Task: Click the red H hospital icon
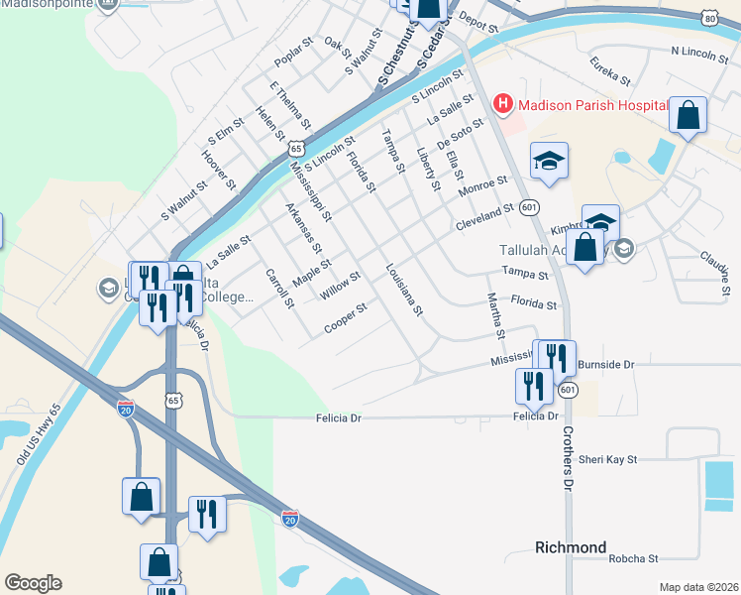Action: point(503,103)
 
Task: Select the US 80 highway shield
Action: point(708,18)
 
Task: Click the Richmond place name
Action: point(571,547)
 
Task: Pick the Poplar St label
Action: point(293,59)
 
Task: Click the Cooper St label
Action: point(346,319)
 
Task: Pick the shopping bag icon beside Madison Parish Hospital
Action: point(688,115)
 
